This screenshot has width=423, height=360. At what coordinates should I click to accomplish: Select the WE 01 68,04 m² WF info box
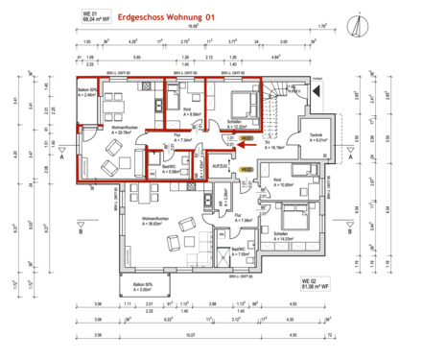(89, 14)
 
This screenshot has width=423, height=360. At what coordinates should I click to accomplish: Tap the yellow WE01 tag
(247, 139)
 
